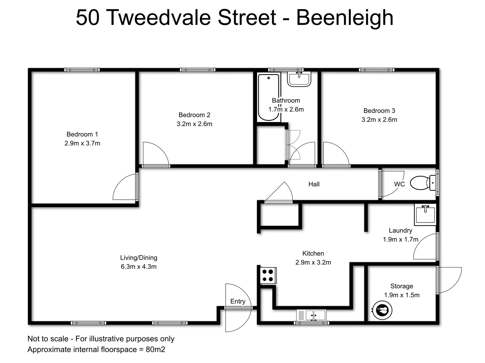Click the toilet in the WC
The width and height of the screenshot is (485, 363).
423,183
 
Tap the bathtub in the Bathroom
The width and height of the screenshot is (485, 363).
269,97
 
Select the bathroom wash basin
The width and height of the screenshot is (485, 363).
299,79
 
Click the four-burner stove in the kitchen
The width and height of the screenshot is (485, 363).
268,275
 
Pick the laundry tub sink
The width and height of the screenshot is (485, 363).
425,214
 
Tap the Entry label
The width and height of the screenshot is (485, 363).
238,301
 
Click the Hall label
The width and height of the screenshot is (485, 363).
314,184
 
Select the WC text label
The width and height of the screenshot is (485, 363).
399,184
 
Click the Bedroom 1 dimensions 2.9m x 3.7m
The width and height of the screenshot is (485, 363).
83,143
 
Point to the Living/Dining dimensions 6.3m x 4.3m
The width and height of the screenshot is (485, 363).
139,267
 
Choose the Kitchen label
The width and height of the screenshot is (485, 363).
313,253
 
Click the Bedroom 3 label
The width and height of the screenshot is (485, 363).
379,111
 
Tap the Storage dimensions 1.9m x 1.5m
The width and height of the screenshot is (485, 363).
402,295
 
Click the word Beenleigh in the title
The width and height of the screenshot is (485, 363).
345,17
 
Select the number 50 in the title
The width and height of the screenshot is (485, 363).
88,17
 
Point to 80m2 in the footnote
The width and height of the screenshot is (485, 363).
155,350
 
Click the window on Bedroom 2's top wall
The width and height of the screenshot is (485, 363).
198,70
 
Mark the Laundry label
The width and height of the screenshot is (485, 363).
400,231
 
